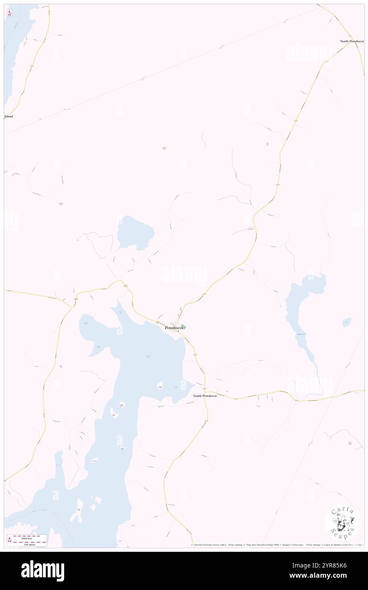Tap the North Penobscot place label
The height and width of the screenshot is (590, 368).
(352, 41)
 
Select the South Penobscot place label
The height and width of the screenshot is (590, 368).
(205, 396)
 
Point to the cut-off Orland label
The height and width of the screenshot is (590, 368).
(8, 116)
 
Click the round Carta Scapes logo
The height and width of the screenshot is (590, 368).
(343, 523)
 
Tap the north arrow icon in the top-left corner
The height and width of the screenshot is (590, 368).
(9, 13)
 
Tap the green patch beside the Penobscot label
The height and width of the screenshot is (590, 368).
(183, 327)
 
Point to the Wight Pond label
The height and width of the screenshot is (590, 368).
(301, 334)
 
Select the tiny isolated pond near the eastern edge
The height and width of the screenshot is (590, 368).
(347, 322)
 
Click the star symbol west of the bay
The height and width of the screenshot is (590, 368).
(61, 366)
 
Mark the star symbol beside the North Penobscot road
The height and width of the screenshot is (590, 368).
(267, 144)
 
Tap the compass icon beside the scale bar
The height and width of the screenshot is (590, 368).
(9, 539)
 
